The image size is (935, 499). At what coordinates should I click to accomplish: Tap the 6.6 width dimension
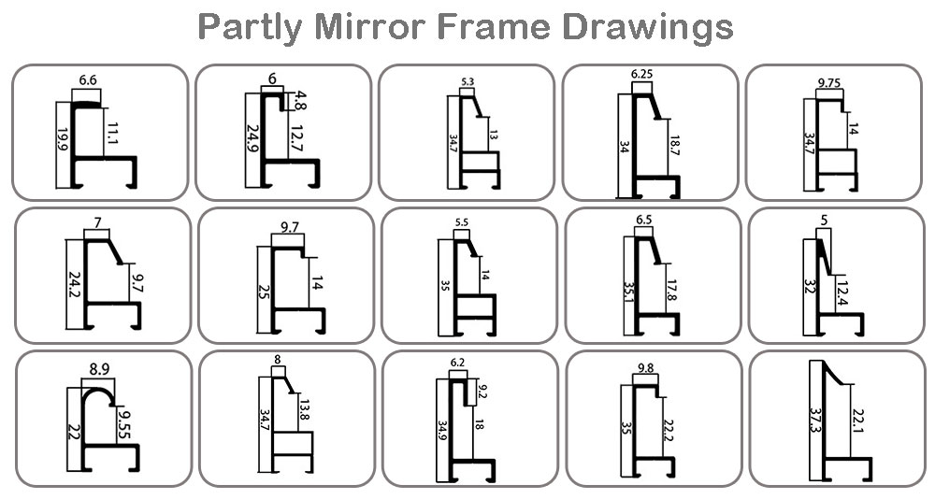88,80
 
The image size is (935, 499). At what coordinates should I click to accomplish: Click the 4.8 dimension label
300,101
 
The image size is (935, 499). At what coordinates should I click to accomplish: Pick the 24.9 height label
252,138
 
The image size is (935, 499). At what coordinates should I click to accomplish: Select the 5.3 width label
468,81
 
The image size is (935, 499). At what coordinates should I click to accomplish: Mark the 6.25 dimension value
641,75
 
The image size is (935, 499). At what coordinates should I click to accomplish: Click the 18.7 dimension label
675,146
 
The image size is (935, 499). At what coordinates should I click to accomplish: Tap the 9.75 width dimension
829,83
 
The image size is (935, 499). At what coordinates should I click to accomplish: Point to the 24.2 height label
75,285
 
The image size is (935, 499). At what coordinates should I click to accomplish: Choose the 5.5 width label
462,222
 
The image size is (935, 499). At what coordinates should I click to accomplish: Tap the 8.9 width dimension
100,370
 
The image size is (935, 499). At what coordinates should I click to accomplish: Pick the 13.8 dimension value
305,410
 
